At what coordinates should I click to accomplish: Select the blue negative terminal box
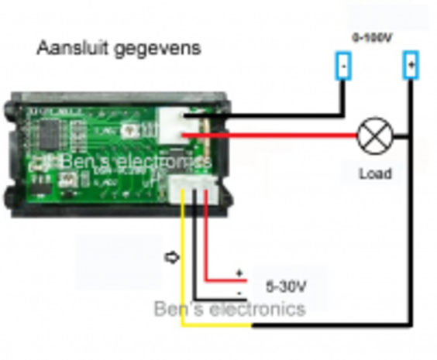click(x=342, y=67)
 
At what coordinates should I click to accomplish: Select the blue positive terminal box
click(x=410, y=66)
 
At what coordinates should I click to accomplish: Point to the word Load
click(x=374, y=174)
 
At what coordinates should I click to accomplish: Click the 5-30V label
click(x=286, y=286)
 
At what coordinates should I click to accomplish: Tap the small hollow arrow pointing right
click(x=172, y=257)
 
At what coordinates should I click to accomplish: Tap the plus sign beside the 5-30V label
click(x=239, y=273)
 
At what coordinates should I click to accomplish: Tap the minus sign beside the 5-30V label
click(x=241, y=293)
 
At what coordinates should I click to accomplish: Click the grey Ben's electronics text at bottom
click(x=229, y=309)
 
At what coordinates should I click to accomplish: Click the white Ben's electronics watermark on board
click(x=124, y=162)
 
